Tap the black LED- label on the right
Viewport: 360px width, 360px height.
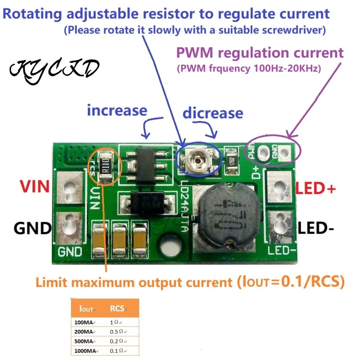(315, 228)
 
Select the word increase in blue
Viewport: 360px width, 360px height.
(117, 110)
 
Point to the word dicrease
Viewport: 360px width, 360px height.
(213, 113)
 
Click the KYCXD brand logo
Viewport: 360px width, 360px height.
(54, 69)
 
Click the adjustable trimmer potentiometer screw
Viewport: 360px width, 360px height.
(198, 160)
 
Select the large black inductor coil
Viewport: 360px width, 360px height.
(225, 216)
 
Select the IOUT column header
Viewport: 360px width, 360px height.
(86, 309)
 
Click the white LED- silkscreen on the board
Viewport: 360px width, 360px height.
(281, 250)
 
